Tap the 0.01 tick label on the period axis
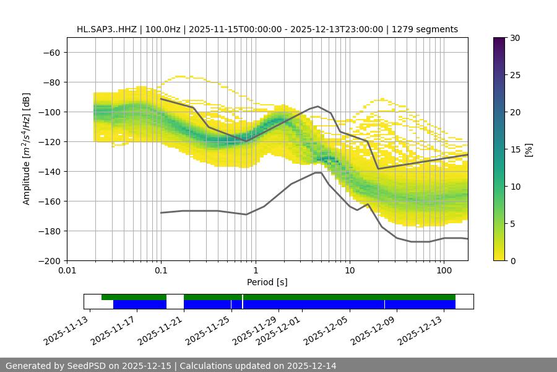click(x=67, y=271)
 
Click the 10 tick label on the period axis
click(x=350, y=271)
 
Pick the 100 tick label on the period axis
click(x=444, y=271)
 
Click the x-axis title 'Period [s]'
click(x=267, y=282)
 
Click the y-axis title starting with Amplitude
click(x=26, y=149)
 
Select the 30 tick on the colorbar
click(x=514, y=38)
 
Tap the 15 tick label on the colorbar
click(x=514, y=149)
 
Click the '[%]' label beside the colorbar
click(x=528, y=149)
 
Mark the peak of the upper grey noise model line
click(x=318, y=106)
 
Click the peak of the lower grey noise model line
click(x=318, y=172)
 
